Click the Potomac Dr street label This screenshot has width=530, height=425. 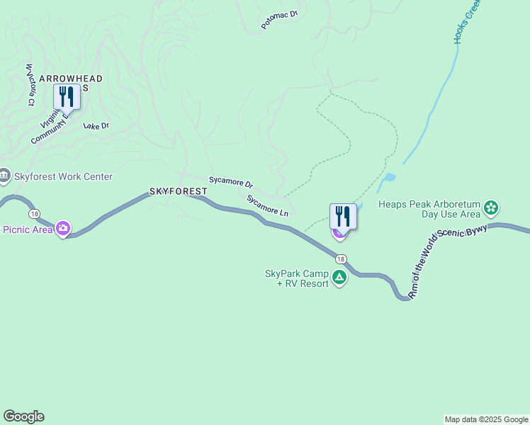(280, 18)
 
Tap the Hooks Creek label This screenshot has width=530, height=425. (468, 22)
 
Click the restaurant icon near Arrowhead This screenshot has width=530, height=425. (67, 96)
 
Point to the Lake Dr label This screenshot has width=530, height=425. (96, 126)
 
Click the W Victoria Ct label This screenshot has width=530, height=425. (30, 85)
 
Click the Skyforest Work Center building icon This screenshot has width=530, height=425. (4, 175)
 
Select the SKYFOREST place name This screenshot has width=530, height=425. (178, 192)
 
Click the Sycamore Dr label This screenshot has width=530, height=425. (231, 182)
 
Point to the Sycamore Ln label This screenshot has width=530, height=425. (268, 205)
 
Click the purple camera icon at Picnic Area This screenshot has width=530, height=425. (63, 228)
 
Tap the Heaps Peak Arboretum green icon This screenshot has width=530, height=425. (491, 209)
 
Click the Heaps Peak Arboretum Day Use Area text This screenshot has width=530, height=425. (429, 209)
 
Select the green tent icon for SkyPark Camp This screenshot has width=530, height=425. (339, 278)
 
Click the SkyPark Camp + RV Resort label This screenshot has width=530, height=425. (297, 278)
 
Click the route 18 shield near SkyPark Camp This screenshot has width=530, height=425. (341, 258)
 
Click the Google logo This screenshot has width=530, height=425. (23, 416)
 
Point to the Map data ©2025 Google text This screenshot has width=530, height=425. (486, 419)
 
